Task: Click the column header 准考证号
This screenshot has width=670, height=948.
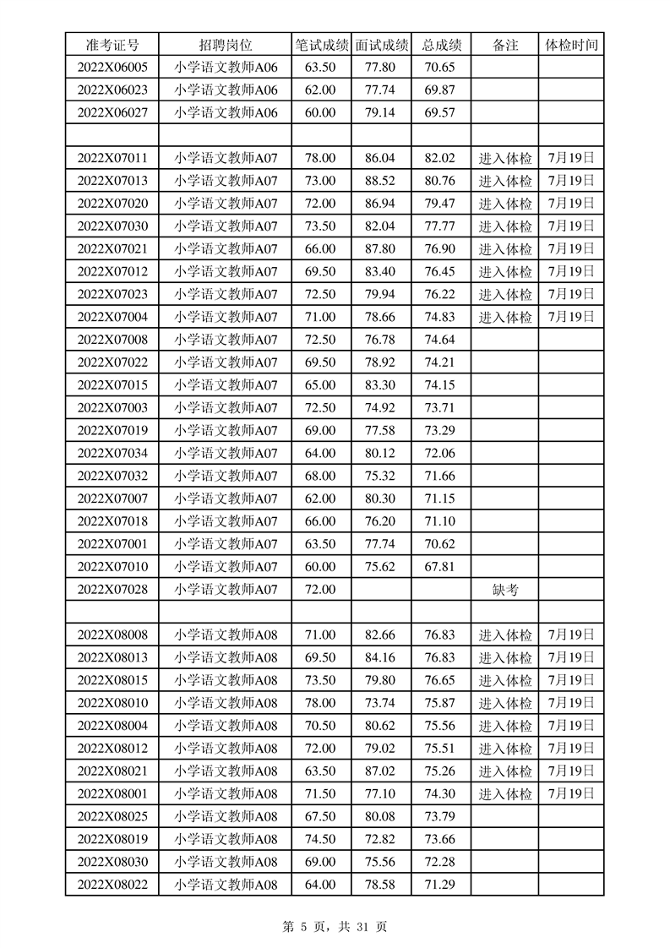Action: [112, 45]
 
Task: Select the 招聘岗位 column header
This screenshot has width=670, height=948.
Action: [226, 45]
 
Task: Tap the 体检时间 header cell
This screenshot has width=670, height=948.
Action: [571, 45]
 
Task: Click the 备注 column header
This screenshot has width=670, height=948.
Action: [504, 45]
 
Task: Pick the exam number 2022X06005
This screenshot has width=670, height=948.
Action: [112, 68]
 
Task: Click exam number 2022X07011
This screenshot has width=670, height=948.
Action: [112, 158]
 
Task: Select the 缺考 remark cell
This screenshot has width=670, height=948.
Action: [504, 590]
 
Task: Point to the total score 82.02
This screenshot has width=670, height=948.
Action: [440, 158]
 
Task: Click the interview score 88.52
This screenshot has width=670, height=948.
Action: [380, 181]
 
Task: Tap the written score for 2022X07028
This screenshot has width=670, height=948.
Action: [320, 590]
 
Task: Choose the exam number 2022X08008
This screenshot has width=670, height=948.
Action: [112, 635]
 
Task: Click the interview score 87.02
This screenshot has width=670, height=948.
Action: [380, 771]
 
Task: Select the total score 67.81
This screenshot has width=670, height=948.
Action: [440, 567]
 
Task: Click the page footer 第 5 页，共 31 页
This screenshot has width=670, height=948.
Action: [334, 927]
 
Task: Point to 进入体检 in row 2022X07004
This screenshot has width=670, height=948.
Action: [505, 317]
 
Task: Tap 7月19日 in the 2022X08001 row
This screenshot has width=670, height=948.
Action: [571, 794]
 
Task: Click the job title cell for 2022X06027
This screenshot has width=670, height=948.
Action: [226, 113]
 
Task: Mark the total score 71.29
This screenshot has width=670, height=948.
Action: [440, 885]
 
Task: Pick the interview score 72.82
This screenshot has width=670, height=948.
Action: [380, 839]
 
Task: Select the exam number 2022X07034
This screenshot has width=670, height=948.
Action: [112, 454]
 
